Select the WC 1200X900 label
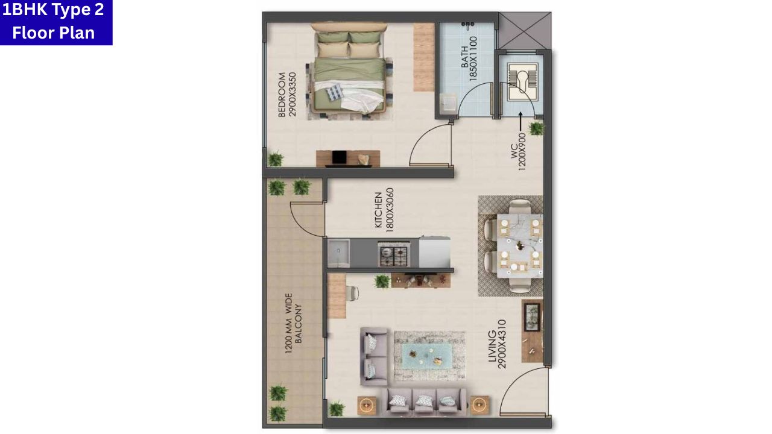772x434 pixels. tap(522, 151)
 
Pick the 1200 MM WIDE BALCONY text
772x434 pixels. tap(294, 318)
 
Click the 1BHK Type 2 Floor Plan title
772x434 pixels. tap(54, 22)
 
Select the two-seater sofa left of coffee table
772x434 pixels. tap(373, 356)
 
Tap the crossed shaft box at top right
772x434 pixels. tap(525, 31)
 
